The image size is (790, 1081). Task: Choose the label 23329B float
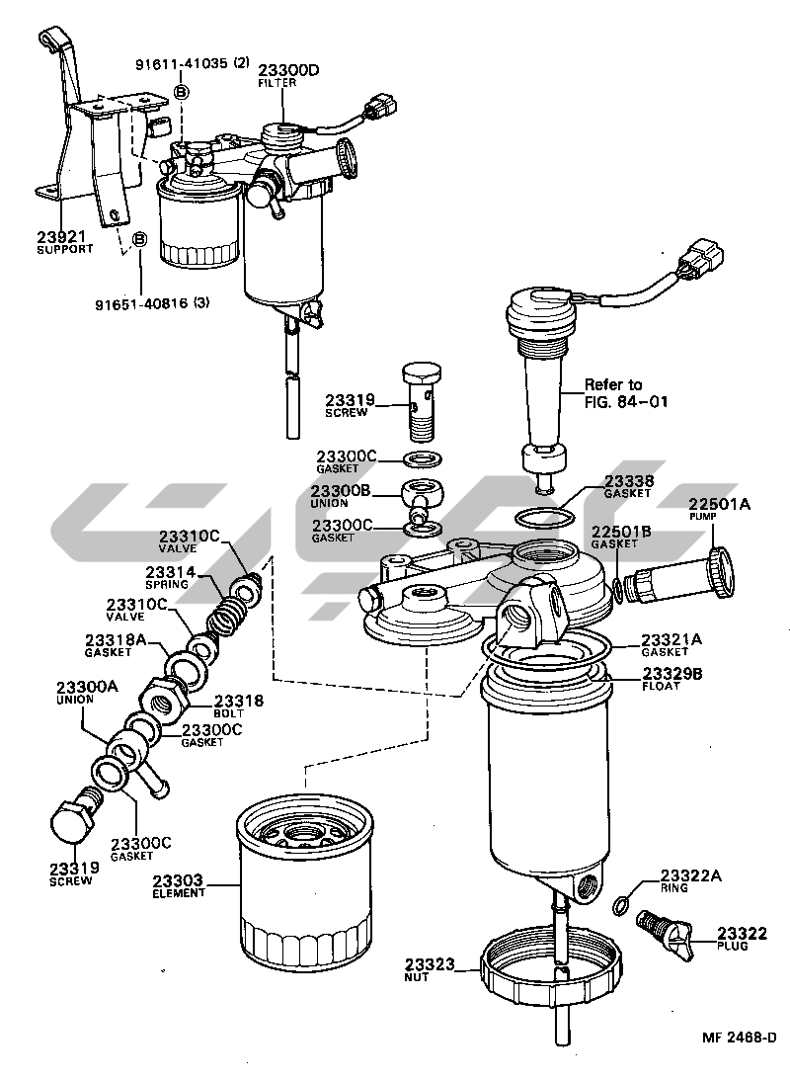coord(671,674)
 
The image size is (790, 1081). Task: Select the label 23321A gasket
coord(671,639)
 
